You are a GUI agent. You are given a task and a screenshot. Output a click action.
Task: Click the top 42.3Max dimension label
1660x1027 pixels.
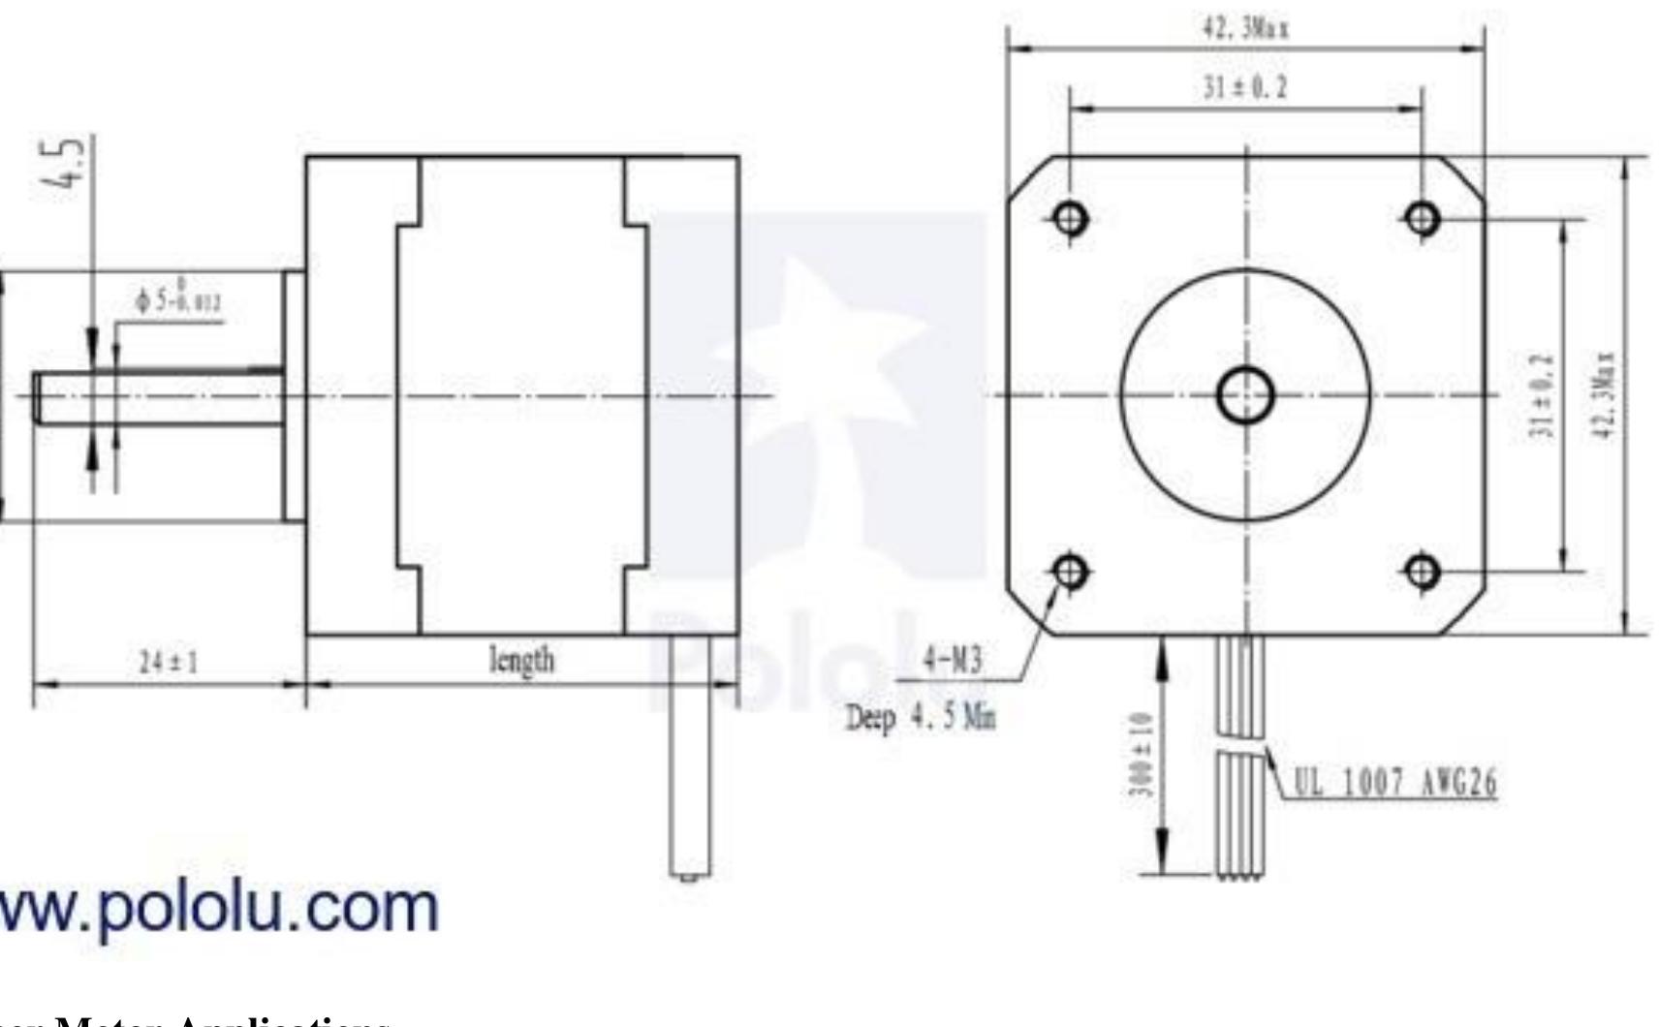click(1245, 29)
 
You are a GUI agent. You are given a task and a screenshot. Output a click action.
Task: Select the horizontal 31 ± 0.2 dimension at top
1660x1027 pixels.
click(1245, 88)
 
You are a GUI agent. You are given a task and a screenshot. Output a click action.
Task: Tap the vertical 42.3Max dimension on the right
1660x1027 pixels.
click(1605, 394)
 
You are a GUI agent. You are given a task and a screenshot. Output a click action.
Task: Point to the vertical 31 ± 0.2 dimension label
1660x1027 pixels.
click(1547, 394)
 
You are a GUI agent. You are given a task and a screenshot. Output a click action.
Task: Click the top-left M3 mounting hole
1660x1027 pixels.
click(1070, 218)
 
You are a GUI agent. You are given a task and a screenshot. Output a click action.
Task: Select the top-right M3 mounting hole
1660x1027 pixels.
click(1422, 218)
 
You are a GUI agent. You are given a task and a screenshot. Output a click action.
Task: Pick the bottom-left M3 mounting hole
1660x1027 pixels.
click(1070, 572)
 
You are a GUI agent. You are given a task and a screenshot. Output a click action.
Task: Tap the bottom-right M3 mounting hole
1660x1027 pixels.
click(1422, 572)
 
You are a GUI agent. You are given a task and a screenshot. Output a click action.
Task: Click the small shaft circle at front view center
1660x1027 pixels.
click(1245, 395)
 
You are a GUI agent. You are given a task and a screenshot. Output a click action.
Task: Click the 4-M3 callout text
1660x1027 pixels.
click(952, 661)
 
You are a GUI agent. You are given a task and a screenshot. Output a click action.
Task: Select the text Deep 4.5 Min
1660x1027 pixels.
click(921, 718)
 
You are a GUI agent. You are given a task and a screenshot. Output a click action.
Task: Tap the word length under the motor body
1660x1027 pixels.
click(522, 661)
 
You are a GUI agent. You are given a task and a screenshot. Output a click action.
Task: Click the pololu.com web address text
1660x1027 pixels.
click(218, 908)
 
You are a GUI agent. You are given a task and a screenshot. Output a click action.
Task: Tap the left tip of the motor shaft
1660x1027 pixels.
click(37, 397)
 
